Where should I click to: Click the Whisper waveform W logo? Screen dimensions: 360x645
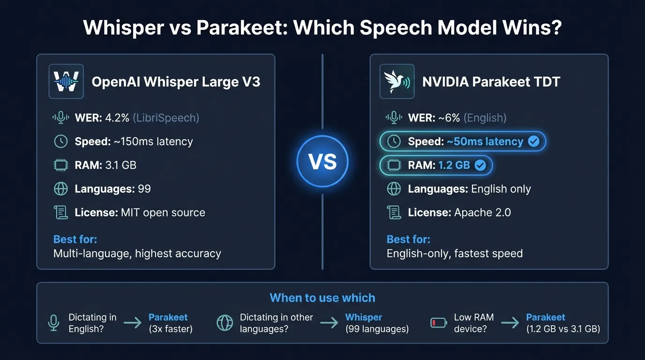pos(66,82)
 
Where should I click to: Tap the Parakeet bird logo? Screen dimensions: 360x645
pos(397,82)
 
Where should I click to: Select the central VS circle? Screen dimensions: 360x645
pos(322,161)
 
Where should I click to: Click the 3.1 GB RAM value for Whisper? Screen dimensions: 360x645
pos(121,165)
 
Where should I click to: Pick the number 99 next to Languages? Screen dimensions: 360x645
pos(144,189)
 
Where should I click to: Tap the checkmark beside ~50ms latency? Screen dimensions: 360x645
pos(533,142)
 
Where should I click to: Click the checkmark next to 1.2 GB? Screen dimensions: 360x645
pos(480,165)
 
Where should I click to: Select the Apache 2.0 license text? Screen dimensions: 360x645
pos(482,212)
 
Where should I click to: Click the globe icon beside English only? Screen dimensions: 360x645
pos(394,189)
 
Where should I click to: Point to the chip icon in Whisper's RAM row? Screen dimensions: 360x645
pos(61,165)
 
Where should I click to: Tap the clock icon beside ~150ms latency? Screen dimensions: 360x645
pos(61,142)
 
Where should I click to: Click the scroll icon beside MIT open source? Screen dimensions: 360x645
pos(61,212)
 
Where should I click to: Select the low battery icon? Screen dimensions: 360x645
pos(439,322)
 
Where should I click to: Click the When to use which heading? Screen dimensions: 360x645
pos(322,298)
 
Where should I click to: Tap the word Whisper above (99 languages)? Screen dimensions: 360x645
pos(364,317)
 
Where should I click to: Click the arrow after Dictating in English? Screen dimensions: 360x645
pos(133,322)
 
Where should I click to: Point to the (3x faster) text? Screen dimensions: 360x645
pos(171,329)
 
